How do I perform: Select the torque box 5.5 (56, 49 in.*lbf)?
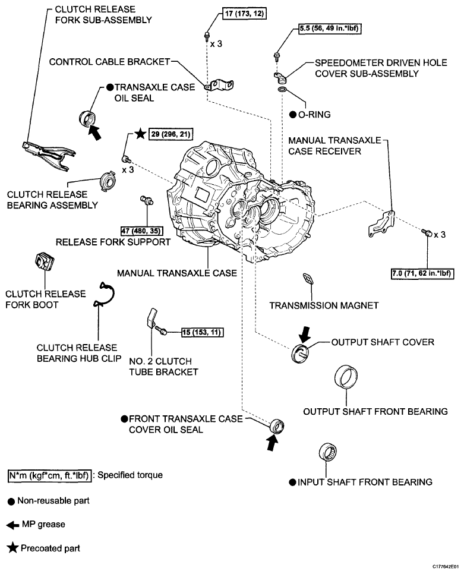pos(330,29)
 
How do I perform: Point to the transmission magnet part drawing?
pos(308,278)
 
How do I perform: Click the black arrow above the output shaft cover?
pos(304,334)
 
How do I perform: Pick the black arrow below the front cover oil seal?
pos(272,443)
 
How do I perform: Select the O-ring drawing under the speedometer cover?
pos(281,90)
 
